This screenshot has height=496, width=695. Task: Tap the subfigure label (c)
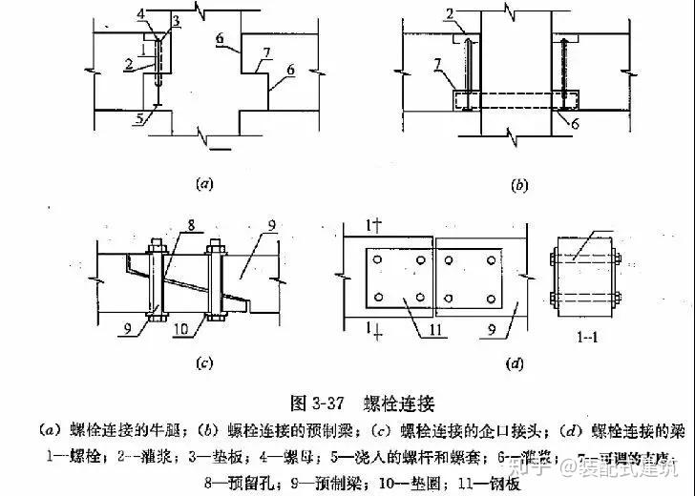203,362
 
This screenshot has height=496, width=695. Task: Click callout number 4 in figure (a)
140,14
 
